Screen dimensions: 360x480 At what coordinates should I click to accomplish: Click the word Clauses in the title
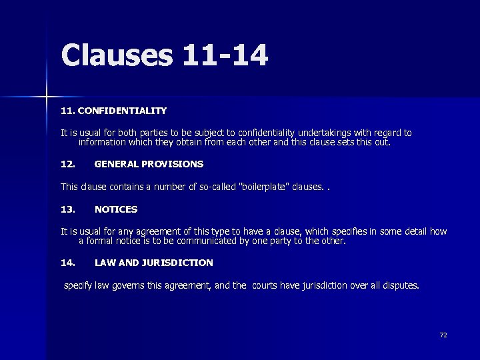click(116, 55)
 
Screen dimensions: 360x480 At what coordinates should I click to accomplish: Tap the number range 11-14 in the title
click(224, 55)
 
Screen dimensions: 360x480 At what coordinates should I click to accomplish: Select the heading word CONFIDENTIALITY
click(122, 110)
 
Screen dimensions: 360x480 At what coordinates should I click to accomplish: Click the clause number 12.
click(67, 163)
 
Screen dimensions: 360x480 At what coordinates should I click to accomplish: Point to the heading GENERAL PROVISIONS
click(149, 163)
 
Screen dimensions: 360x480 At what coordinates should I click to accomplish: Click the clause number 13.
click(67, 209)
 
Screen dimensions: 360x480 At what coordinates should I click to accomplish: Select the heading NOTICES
click(116, 209)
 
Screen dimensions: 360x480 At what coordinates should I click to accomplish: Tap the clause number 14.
click(67, 263)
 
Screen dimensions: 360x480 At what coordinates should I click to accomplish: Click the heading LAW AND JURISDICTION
click(153, 263)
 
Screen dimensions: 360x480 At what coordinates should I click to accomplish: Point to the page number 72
click(443, 335)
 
